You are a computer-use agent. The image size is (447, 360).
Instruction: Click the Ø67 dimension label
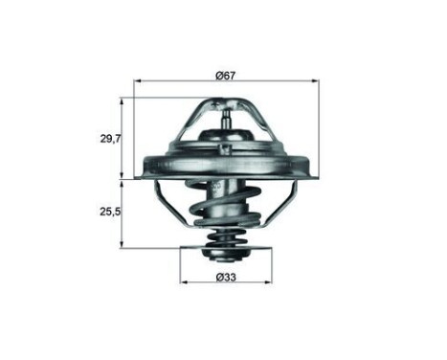click(226, 75)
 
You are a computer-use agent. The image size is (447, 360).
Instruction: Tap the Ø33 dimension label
click(226, 278)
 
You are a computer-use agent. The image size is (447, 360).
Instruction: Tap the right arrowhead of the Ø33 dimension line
click(269, 286)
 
